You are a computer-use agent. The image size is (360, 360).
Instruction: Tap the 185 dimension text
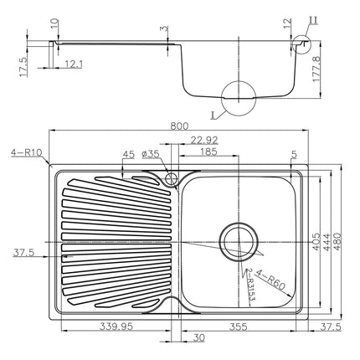tap(208, 153)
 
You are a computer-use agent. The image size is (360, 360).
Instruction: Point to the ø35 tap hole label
tap(151, 154)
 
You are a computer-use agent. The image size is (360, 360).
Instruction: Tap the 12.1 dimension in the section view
tap(74, 64)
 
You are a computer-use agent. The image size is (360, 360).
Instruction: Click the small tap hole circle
tap(172, 178)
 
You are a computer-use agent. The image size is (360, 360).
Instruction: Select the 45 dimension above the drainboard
tap(128, 154)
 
